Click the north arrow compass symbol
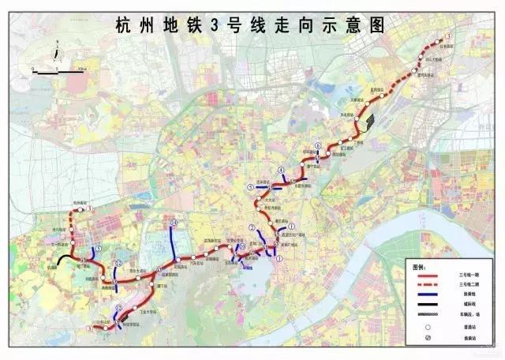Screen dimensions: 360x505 click(x=58, y=54)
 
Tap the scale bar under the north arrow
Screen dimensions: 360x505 click(x=58, y=70)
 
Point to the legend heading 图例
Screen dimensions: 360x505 click(x=418, y=265)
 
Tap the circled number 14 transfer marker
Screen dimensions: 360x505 click(x=173, y=223)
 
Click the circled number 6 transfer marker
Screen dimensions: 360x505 click(x=316, y=146)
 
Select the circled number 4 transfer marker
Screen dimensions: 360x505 click(x=281, y=171)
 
